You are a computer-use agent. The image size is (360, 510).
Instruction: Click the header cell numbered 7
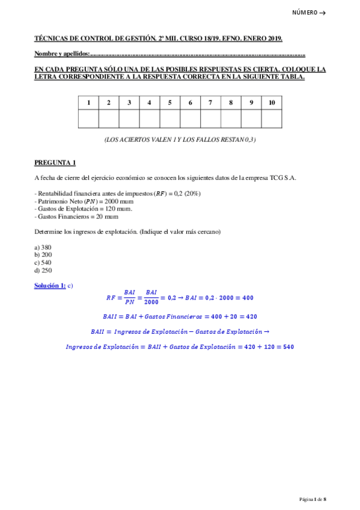click(x=210, y=103)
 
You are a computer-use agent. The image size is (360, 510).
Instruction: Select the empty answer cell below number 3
click(x=129, y=119)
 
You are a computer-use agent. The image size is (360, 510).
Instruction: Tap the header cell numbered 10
click(x=272, y=103)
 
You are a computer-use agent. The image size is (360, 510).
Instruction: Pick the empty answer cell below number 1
click(x=88, y=119)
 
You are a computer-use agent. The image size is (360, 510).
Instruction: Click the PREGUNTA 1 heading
click(x=55, y=162)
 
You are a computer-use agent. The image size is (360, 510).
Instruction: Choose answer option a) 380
click(x=43, y=247)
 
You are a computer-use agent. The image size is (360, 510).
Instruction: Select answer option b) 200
click(x=43, y=254)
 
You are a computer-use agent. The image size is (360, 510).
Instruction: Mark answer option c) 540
click(x=43, y=262)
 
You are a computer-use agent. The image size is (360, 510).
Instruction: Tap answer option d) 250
click(x=43, y=270)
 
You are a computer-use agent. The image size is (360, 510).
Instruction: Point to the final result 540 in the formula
click(x=288, y=346)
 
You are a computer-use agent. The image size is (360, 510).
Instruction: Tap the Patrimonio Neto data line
click(x=84, y=201)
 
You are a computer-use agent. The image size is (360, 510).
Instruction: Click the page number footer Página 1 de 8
click(x=313, y=499)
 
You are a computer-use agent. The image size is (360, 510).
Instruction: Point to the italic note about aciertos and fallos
click(x=179, y=140)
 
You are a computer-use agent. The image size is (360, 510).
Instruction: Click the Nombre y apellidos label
click(x=62, y=54)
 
